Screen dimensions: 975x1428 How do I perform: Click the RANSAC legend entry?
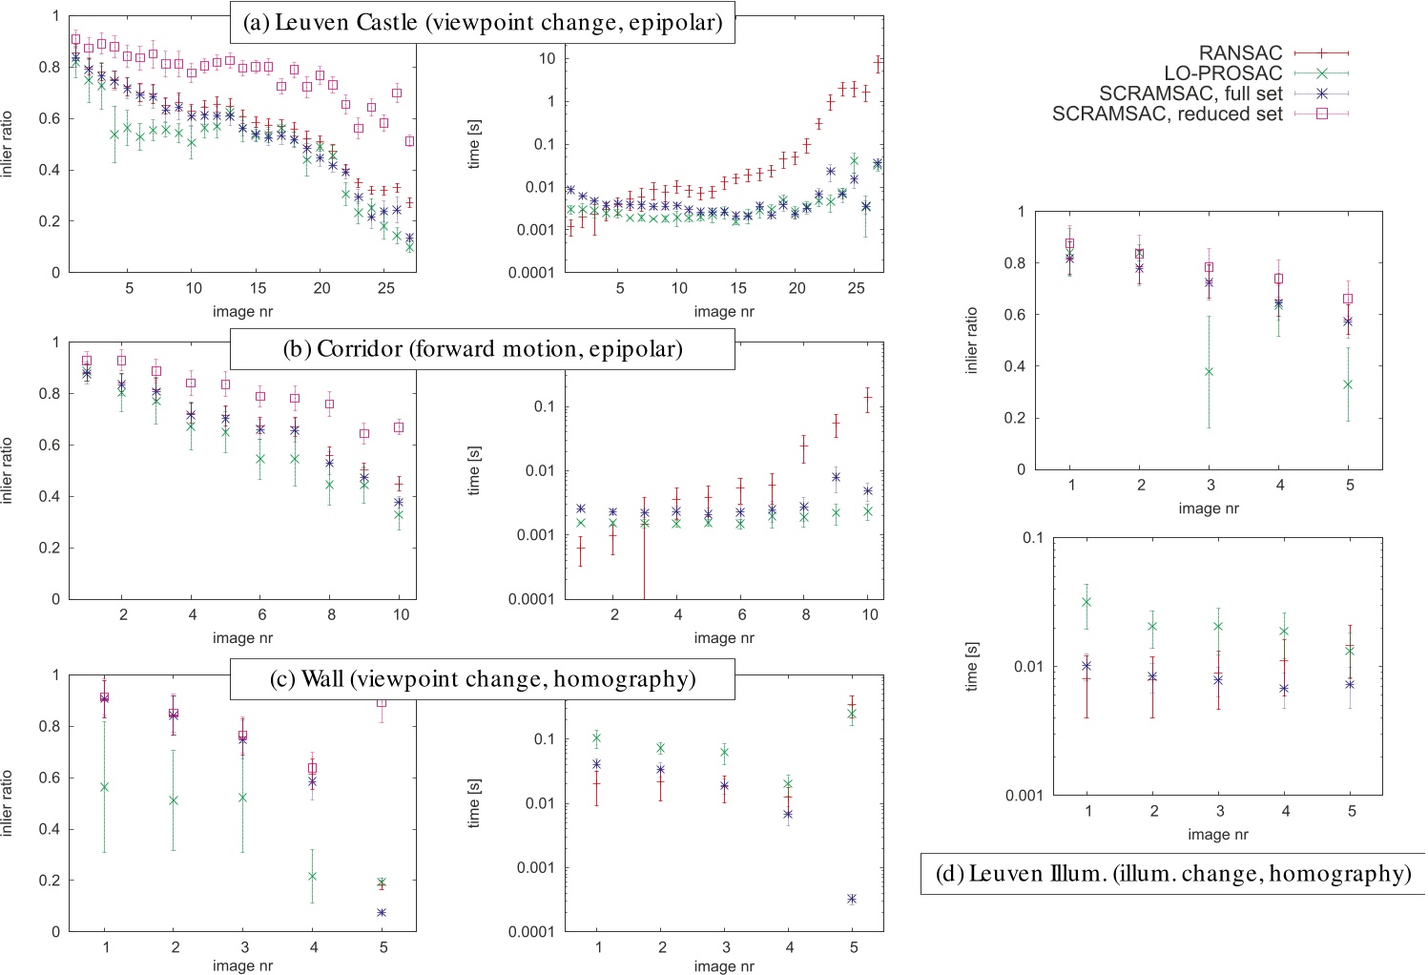click(1240, 53)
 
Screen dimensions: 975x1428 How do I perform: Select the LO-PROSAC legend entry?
click(1223, 73)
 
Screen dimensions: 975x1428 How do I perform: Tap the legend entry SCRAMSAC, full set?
click(1190, 93)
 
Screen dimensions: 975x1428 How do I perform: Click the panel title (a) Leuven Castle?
click(483, 22)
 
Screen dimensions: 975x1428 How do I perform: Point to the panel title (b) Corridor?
click(483, 348)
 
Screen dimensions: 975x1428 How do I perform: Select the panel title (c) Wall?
click(483, 678)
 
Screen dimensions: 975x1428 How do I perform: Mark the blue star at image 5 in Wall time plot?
click(852, 899)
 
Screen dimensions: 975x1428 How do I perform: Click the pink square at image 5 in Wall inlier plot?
click(383, 703)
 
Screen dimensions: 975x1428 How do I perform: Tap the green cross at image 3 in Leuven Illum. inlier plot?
click(1209, 371)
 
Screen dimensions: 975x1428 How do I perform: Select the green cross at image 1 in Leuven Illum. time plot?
click(1087, 602)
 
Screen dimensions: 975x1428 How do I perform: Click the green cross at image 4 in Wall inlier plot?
click(313, 876)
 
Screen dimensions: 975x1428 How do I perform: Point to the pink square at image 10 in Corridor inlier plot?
click(399, 427)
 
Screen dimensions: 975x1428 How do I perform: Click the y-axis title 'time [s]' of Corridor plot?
click(474, 470)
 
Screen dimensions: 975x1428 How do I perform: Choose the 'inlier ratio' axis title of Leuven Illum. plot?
click(972, 341)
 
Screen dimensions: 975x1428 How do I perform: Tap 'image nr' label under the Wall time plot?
click(724, 965)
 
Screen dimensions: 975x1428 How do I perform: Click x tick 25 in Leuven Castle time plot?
click(856, 288)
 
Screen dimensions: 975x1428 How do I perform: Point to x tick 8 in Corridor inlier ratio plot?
click(331, 615)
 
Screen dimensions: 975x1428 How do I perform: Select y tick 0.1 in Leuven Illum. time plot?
click(1033, 537)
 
